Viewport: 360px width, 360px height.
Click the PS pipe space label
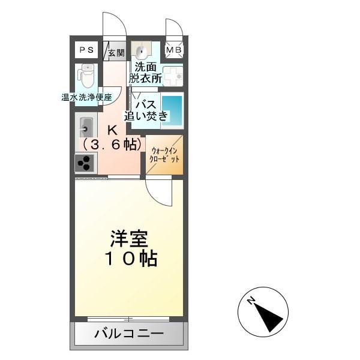tap(86, 50)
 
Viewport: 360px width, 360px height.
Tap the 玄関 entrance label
tap(116, 53)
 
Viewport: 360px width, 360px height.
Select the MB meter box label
tap(174, 50)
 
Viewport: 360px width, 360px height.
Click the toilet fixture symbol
tap(86, 76)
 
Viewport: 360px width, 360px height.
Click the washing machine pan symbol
tap(173, 76)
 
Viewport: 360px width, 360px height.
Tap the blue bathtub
tap(172, 110)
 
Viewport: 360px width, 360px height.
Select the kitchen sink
tap(86, 128)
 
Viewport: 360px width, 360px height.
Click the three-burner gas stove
tap(84, 163)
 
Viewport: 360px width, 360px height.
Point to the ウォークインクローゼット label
tap(164, 155)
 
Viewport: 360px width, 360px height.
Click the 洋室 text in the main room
tap(129, 239)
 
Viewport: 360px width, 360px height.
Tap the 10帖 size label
tap(131, 259)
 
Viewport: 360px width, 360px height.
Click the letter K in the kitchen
tap(113, 131)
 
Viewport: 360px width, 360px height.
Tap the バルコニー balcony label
tap(129, 334)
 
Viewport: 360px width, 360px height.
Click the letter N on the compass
tap(251, 301)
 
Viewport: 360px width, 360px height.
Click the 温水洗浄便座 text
tap(86, 97)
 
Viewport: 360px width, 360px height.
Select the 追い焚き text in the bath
tap(146, 116)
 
